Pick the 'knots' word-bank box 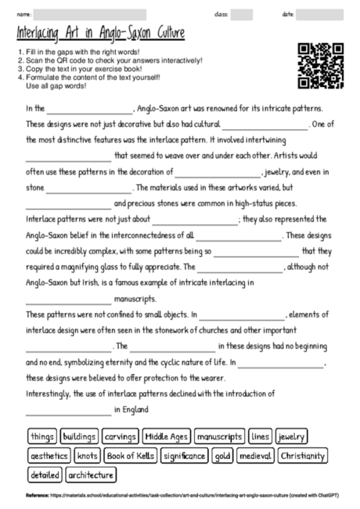point(88,455)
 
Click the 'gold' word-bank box point(222,455)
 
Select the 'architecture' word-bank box point(91,475)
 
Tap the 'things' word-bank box point(41,436)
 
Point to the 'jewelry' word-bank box point(291,436)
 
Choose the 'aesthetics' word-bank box point(49,455)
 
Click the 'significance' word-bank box point(184,455)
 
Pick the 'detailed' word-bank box point(44,475)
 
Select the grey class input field point(241,14)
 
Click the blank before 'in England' point(68,409)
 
